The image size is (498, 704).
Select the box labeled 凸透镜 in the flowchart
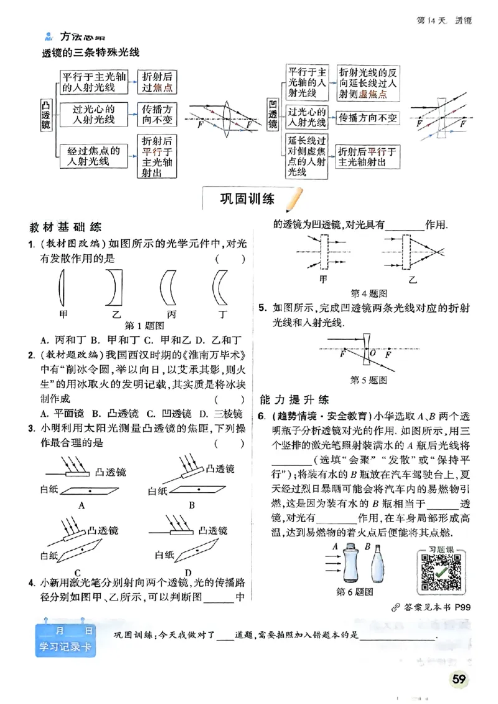pyautogui.click(x=45, y=114)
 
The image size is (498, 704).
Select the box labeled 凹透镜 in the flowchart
pyautogui.click(x=272, y=115)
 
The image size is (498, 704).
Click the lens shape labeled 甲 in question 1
pyautogui.click(x=62, y=287)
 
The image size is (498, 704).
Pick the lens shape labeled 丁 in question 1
pyautogui.click(x=219, y=287)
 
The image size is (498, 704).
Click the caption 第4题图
pyautogui.click(x=369, y=292)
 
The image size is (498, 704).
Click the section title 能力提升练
pyautogui.click(x=294, y=399)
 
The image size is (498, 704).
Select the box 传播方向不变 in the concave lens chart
pyautogui.click(x=367, y=117)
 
